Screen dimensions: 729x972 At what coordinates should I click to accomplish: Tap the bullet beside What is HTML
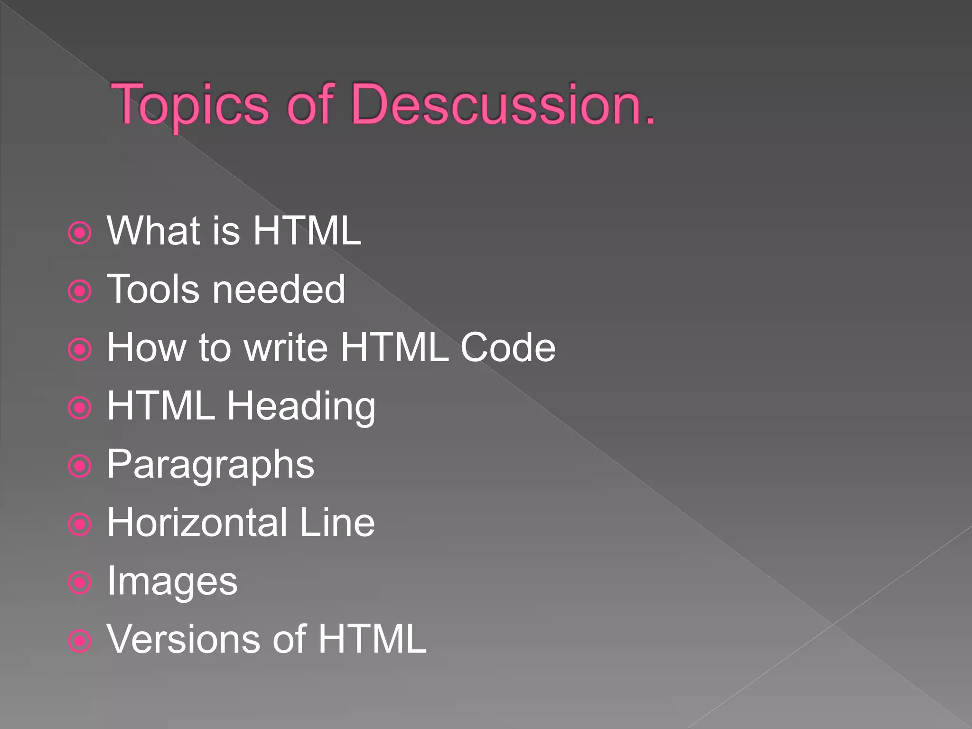(x=80, y=233)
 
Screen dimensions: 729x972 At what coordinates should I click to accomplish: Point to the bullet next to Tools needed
(x=80, y=291)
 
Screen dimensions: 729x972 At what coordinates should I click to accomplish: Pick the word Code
(x=508, y=347)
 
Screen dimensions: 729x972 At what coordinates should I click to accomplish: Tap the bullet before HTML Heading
(x=80, y=408)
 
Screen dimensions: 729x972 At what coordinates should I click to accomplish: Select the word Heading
(x=301, y=407)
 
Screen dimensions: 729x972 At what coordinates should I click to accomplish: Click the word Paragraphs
(x=210, y=465)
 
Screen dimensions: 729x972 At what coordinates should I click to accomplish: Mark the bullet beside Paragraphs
(x=80, y=466)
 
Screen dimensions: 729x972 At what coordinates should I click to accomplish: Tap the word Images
(x=172, y=582)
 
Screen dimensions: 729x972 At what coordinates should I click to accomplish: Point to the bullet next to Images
(x=80, y=582)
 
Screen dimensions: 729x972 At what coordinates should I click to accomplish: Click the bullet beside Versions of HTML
(x=80, y=641)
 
